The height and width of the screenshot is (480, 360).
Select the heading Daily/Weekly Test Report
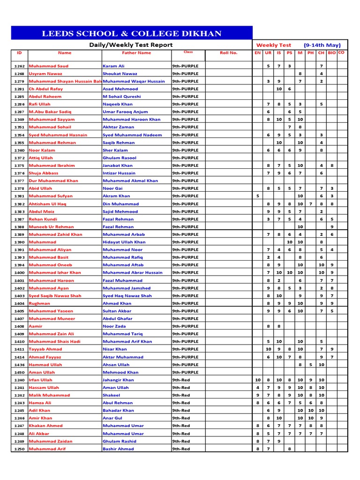point(131,45)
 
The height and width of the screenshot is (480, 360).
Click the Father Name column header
point(136,53)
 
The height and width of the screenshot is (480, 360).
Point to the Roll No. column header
point(229,53)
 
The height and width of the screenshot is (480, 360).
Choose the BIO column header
point(332,53)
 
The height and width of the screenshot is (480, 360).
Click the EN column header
point(257,53)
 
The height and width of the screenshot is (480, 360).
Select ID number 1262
point(19,66)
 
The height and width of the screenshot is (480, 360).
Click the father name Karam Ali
point(113,66)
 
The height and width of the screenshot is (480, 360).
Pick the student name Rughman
point(39,303)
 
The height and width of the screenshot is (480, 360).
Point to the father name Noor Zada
point(115,326)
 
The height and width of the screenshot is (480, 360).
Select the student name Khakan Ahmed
point(45,426)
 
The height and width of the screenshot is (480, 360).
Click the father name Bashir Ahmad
point(118,449)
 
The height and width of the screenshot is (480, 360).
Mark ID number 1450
point(19,372)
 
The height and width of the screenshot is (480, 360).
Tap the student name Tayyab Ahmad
point(45,349)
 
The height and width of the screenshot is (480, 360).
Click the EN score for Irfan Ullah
point(257,380)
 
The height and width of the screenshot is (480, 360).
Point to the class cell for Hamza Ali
point(181,403)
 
